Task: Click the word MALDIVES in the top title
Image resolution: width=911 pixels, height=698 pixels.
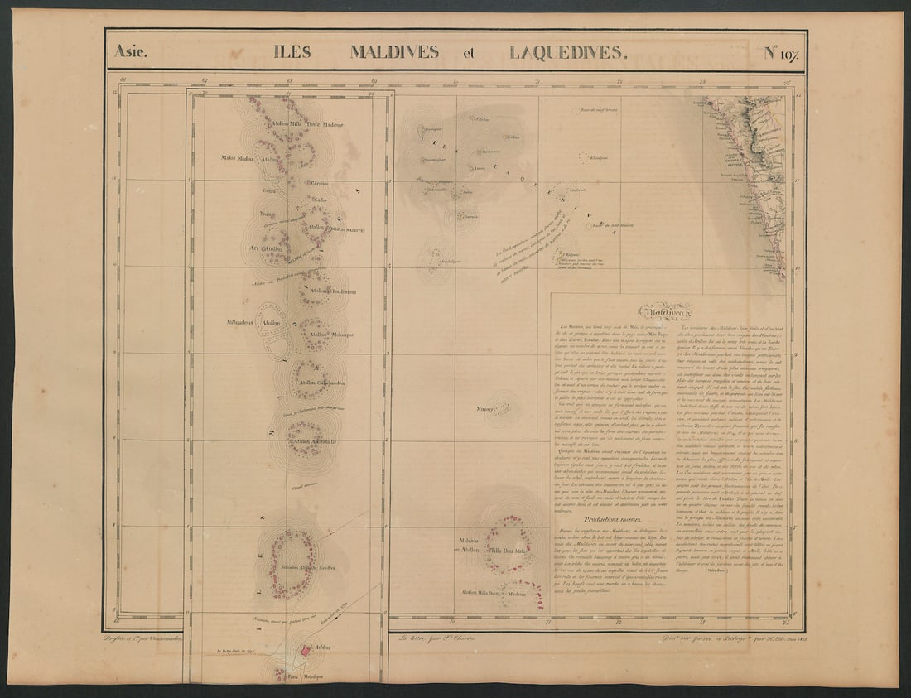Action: [394, 52]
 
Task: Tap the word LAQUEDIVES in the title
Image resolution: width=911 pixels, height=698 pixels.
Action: [567, 52]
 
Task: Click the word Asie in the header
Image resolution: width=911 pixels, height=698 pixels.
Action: [131, 52]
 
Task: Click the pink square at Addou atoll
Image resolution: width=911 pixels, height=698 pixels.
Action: [305, 652]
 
